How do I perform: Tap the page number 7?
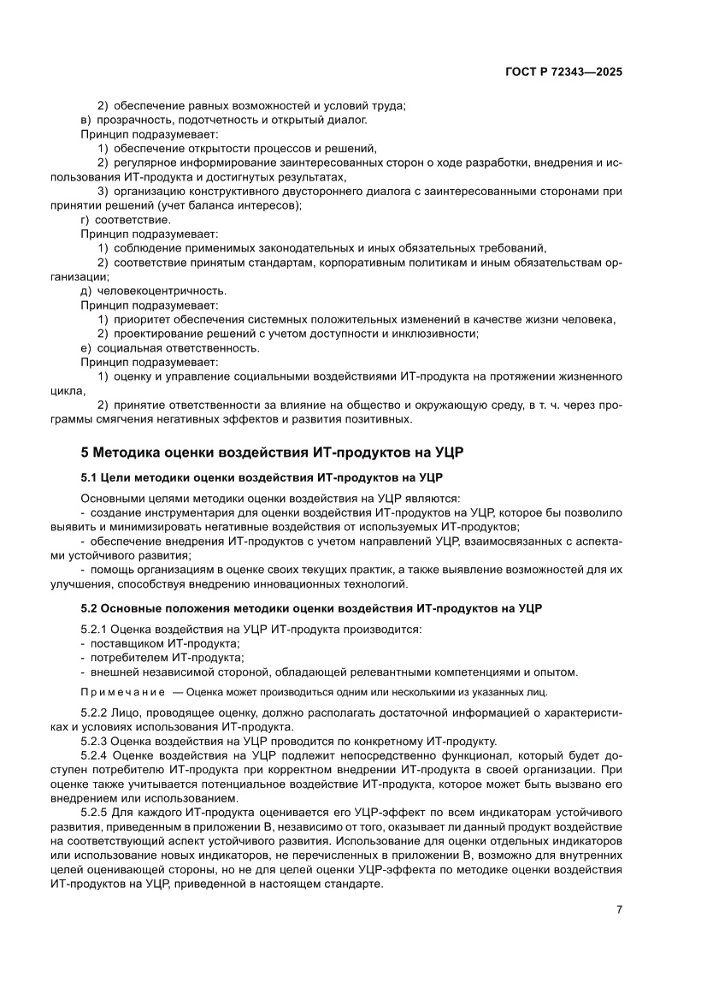click(x=618, y=908)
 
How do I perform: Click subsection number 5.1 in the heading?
click(x=90, y=476)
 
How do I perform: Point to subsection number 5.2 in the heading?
click(x=90, y=608)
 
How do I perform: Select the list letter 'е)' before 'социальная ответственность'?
click(x=85, y=347)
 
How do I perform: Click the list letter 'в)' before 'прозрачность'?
click(x=85, y=120)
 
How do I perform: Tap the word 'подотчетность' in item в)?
click(x=206, y=120)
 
